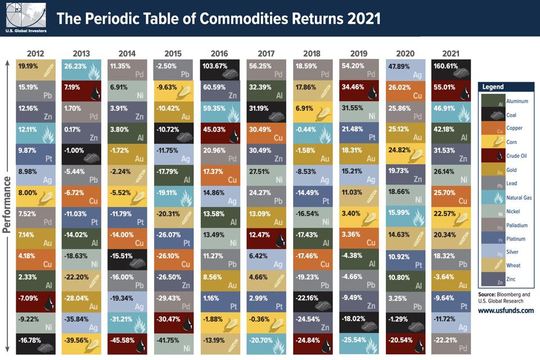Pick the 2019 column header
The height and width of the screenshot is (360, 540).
coord(358,53)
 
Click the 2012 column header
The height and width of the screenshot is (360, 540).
coord(35,53)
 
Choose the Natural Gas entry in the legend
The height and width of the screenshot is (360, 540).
coord(506,197)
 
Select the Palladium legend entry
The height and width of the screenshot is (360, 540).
coord(506,225)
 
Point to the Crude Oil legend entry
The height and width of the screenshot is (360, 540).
coord(506,156)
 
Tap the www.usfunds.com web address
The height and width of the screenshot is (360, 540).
coord(506,310)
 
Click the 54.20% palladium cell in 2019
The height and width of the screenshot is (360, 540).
coord(358,69)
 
